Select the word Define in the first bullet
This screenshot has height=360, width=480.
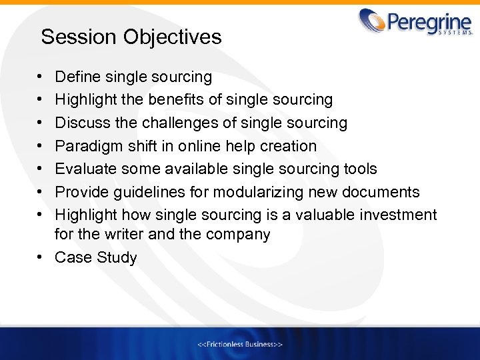tap(76, 77)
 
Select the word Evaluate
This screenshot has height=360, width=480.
tap(85, 169)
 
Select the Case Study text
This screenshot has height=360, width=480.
tap(96, 258)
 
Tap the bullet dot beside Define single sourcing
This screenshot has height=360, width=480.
tap(41, 77)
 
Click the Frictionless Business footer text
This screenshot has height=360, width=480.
tap(240, 344)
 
